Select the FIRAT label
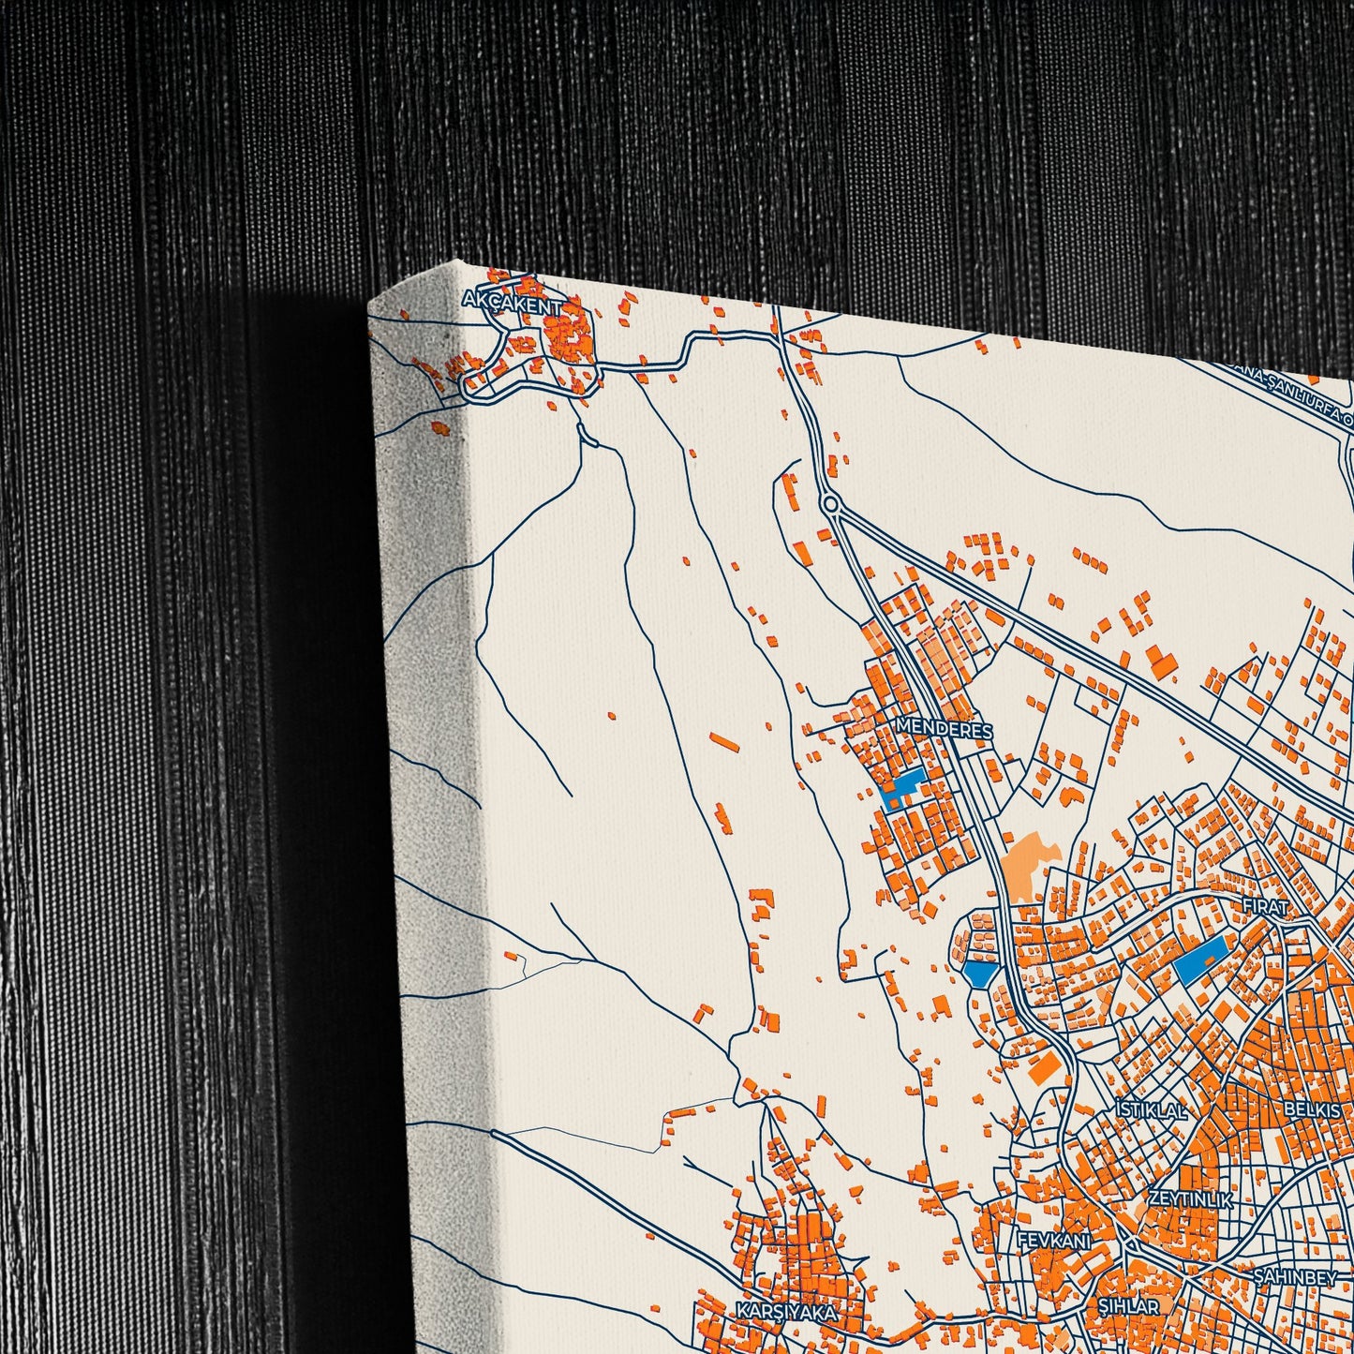tap(1265, 906)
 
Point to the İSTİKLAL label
tap(1151, 1110)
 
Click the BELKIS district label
tap(1312, 1108)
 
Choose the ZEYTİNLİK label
tap(1190, 1198)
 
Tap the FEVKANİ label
tap(1054, 1241)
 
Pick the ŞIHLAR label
tap(1128, 1305)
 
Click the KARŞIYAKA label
tap(785, 1311)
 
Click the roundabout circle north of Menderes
tap(830, 504)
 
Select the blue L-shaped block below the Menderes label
tap(900, 789)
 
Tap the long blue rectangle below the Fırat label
tap(1199, 960)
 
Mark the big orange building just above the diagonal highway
tap(1162, 662)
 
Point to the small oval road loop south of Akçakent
tap(588, 434)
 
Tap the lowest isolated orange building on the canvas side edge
tap(440, 428)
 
